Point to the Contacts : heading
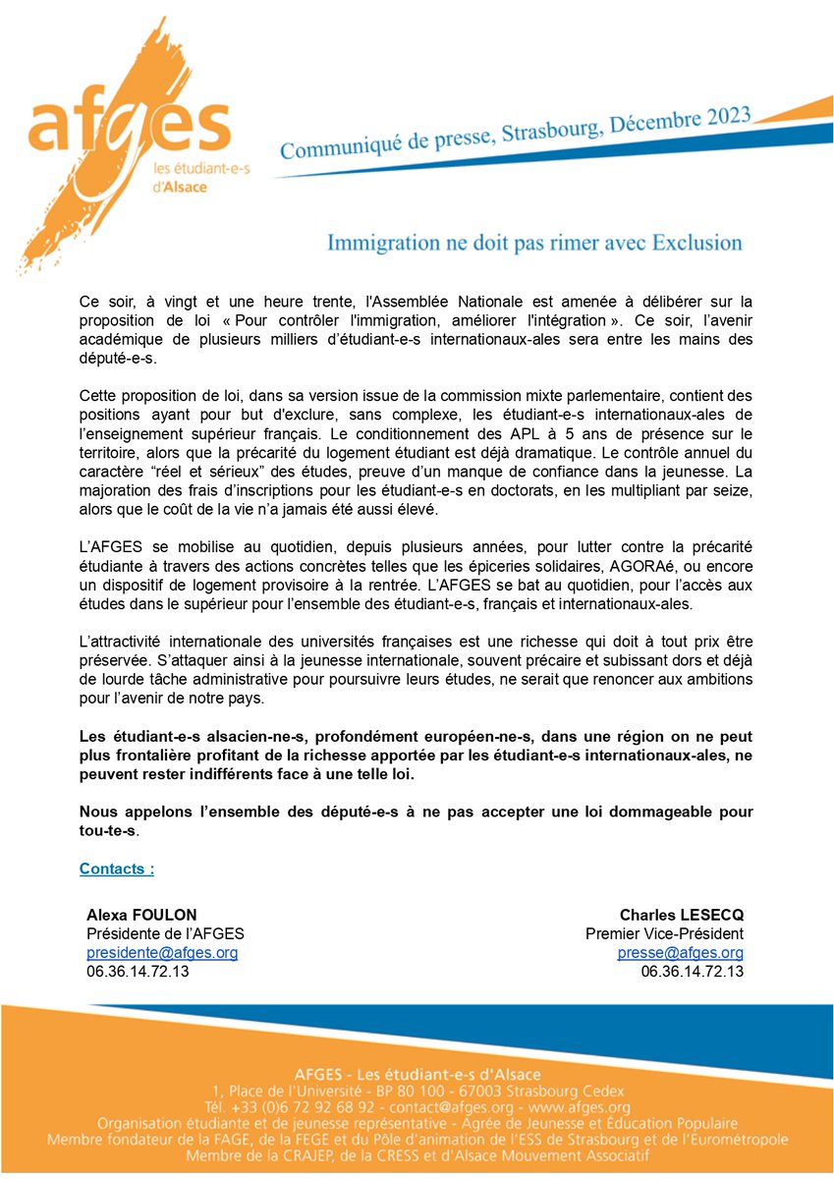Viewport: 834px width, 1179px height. click(116, 869)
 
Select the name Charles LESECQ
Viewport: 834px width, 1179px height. click(681, 915)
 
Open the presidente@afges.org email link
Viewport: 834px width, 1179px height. click(162, 953)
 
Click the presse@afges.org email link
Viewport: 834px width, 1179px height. click(680, 953)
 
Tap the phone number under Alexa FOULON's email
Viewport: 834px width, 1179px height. click(139, 972)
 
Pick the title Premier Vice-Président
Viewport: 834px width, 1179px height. click(664, 933)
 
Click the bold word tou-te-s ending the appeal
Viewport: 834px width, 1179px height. click(109, 831)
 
